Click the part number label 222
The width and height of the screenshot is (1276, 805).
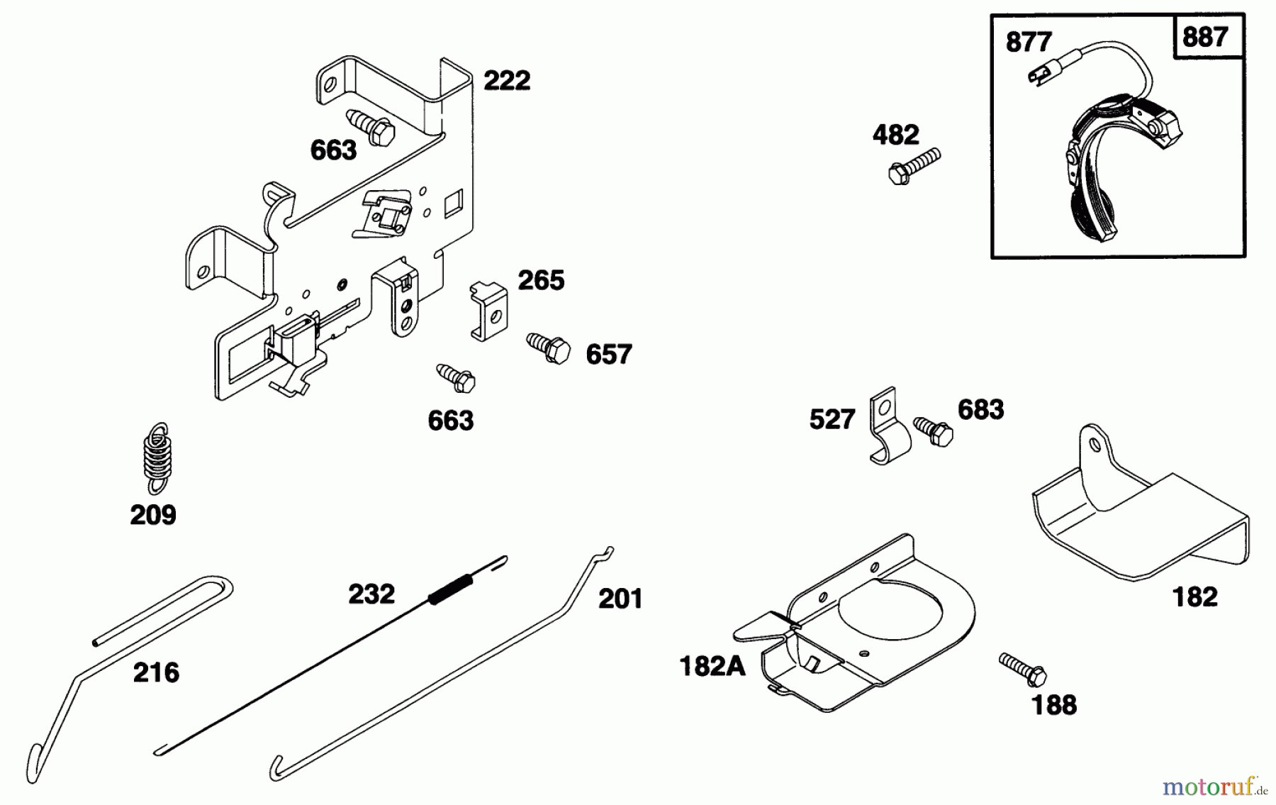click(x=506, y=81)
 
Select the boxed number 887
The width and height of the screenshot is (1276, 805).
click(x=1204, y=36)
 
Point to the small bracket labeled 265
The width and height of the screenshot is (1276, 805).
click(x=489, y=310)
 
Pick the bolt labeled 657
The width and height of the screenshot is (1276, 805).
click(x=549, y=347)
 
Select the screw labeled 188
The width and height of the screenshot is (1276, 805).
click(x=1023, y=669)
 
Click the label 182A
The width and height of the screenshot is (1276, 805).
click(x=712, y=667)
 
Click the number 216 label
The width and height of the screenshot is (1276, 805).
click(x=156, y=672)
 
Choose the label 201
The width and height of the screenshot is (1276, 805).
click(x=620, y=599)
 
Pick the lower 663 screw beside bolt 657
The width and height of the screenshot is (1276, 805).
click(x=456, y=378)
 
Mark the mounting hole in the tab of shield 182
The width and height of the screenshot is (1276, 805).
click(x=1095, y=445)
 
